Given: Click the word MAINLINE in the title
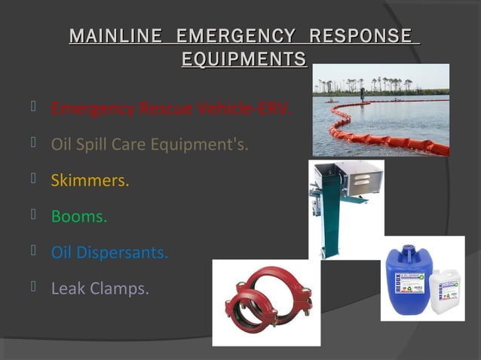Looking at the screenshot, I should [x=115, y=35].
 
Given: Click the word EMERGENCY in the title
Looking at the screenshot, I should [x=235, y=35].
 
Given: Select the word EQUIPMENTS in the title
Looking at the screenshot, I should [x=244, y=59].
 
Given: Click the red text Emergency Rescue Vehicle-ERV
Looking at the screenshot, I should [x=170, y=108].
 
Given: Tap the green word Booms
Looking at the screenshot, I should [x=78, y=216].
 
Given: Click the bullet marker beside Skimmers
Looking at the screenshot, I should [x=34, y=178].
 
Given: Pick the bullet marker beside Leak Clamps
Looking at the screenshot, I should [x=34, y=286].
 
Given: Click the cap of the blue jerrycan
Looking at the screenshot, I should [x=408, y=249].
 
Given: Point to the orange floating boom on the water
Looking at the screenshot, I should [x=392, y=140].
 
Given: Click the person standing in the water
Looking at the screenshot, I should [x=363, y=95].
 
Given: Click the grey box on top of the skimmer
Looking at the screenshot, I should [x=350, y=181].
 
